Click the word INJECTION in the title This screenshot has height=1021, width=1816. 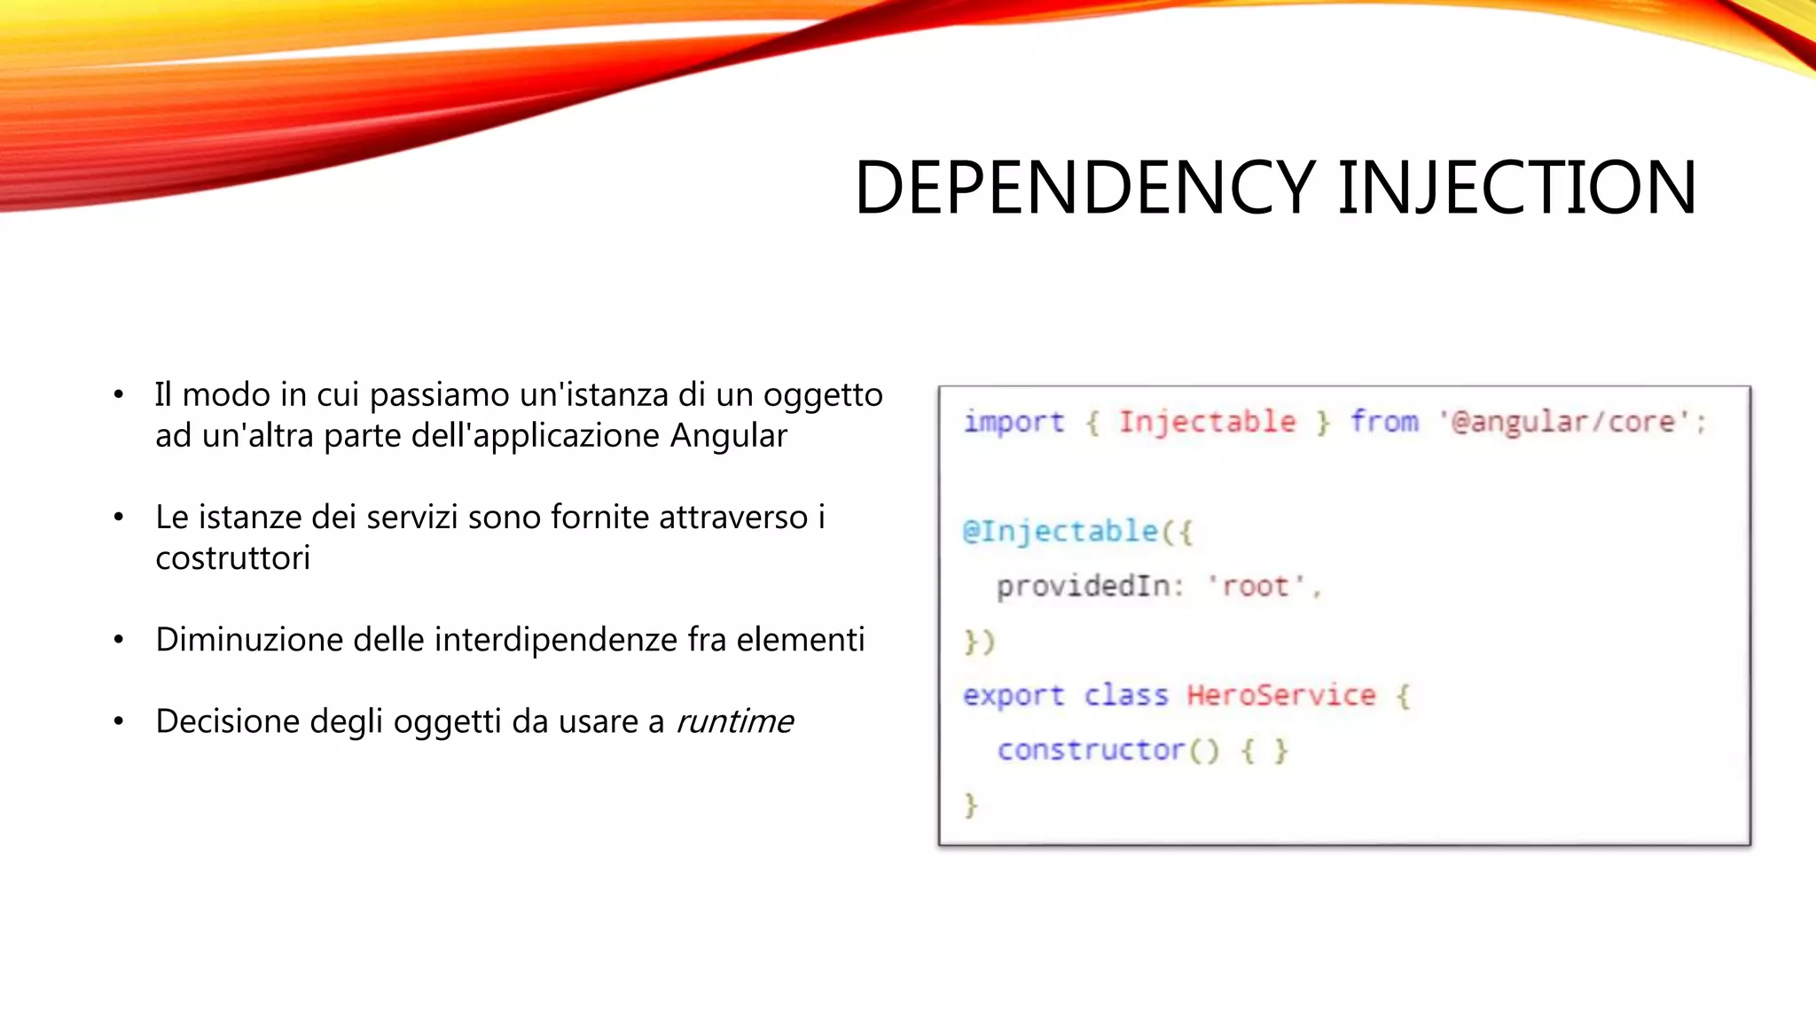coord(1516,188)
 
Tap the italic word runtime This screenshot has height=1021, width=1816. coord(735,721)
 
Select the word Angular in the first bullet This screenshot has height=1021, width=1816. coord(729,436)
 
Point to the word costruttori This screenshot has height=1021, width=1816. coord(232,558)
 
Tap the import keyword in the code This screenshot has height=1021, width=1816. coord(1014,422)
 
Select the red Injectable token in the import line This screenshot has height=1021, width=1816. coord(1207,422)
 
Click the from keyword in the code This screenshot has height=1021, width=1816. coord(1384,422)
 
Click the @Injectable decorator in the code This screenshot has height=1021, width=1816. coord(1061,532)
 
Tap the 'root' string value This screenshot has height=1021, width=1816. coord(1256,587)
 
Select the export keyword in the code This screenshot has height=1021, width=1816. coord(1014,696)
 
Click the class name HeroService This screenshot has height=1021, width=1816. coord(1281,696)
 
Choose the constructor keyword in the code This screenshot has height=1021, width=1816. coord(1091,751)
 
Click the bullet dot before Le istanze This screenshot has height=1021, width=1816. coord(119,518)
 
